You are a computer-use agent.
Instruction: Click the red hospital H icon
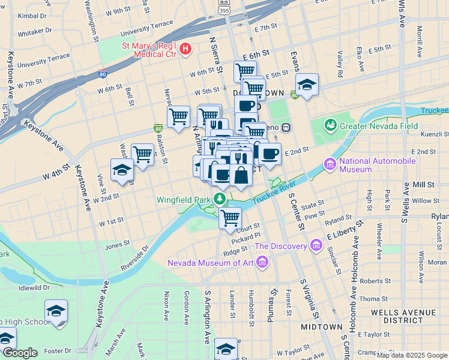(x=185, y=49)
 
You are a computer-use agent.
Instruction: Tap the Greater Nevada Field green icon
(x=330, y=125)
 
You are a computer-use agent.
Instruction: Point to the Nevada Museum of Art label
(x=210, y=262)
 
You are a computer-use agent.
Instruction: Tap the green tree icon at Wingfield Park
(x=220, y=199)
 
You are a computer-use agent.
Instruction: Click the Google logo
(x=19, y=353)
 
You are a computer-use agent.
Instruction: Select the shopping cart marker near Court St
(x=230, y=218)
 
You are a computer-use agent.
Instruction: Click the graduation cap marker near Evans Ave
(x=307, y=85)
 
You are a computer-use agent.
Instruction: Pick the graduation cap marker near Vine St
(x=122, y=170)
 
